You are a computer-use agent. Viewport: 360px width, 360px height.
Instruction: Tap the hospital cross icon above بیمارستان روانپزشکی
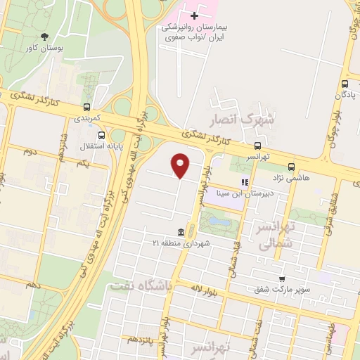194,15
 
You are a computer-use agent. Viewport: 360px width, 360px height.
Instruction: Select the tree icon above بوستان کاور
46,37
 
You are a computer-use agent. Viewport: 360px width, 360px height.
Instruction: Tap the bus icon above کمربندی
87,108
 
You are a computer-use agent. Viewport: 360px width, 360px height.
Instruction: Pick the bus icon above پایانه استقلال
102,135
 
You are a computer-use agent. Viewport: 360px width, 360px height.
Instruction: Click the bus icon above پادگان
345,82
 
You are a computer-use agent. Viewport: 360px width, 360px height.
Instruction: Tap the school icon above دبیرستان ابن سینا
245,182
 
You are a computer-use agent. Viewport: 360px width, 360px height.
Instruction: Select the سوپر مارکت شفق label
281,288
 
